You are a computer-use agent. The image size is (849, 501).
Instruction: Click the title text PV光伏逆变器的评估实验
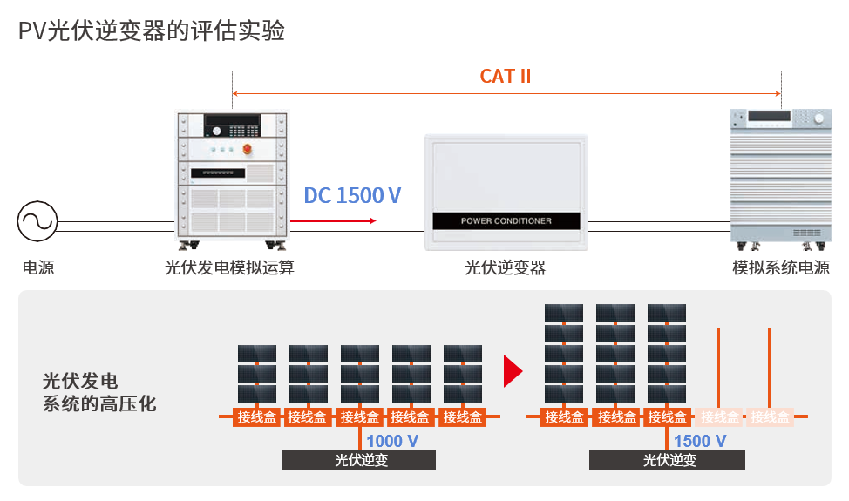(151, 31)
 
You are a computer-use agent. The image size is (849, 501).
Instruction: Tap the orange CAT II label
(506, 77)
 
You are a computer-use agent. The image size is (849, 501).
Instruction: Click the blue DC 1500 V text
(352, 195)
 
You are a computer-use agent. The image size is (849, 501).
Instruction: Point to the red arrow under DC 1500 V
(333, 221)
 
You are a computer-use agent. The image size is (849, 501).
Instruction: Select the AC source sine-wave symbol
(37, 221)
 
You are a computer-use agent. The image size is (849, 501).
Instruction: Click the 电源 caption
(38, 267)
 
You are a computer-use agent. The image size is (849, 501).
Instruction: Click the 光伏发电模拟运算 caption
(229, 267)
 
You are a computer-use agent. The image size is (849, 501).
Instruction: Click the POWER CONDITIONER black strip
(506, 221)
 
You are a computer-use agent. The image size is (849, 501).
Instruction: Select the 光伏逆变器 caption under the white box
(506, 267)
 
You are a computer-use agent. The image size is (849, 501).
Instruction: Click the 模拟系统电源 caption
(781, 267)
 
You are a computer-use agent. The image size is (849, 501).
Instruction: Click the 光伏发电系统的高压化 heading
(99, 392)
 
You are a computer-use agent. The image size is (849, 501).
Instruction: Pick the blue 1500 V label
(699, 441)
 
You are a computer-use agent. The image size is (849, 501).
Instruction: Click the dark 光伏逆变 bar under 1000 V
(358, 460)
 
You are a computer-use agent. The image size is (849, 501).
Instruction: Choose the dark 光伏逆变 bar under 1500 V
(667, 460)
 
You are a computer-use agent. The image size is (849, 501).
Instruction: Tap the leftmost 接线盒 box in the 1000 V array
(255, 417)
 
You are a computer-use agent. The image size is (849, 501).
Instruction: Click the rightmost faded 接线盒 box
(771, 417)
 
